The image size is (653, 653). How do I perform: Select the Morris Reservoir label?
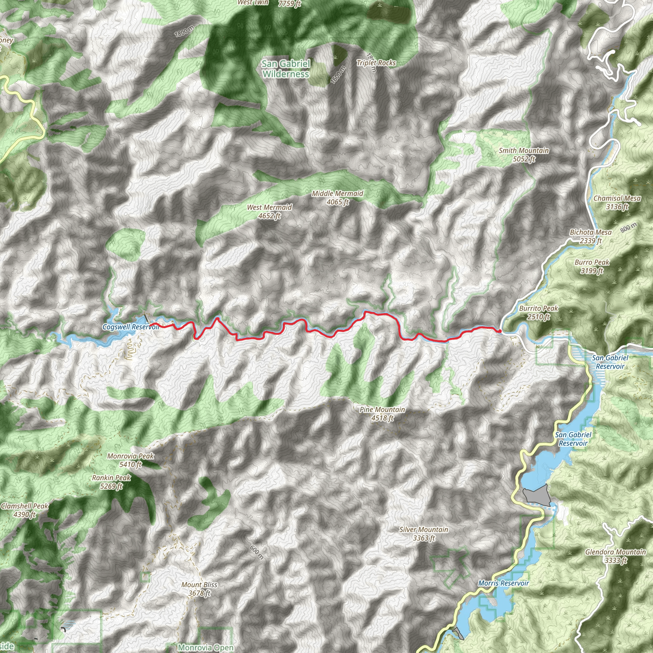[503, 583]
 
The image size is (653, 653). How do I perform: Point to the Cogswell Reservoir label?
[130, 327]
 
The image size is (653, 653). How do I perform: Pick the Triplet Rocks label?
[376, 63]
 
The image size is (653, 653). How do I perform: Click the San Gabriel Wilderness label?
[286, 69]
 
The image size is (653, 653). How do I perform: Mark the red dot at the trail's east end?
[500, 331]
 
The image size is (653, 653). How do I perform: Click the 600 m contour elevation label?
[257, 552]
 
